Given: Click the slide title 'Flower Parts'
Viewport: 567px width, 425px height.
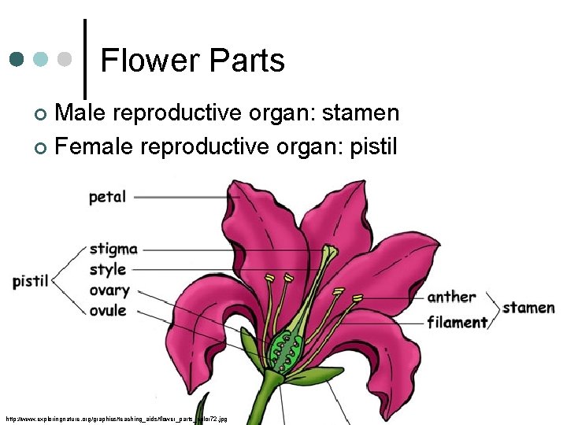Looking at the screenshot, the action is pos(192,61).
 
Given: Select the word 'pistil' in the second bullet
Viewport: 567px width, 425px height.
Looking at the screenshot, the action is pos(372,146).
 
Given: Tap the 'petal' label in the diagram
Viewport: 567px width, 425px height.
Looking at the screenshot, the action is pos(107,196).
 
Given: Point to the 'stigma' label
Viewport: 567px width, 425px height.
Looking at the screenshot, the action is pos(113,249).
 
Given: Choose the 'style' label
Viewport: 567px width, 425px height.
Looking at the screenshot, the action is pos(108,270).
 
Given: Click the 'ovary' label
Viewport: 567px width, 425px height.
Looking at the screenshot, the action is pos(109,290).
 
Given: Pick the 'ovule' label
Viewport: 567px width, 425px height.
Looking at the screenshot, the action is pos(108,310).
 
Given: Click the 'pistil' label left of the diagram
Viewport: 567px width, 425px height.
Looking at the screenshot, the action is pos(31,281).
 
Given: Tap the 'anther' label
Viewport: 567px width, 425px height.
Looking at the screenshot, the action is pos(452,297).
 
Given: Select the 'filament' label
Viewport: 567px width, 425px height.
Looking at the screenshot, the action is pos(457,322).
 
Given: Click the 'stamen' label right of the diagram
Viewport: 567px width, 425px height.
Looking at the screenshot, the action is pos(528,307).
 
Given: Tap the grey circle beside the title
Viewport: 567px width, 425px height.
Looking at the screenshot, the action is pos(66,59).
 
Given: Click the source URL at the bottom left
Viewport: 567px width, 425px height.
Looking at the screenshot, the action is pos(116,419).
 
